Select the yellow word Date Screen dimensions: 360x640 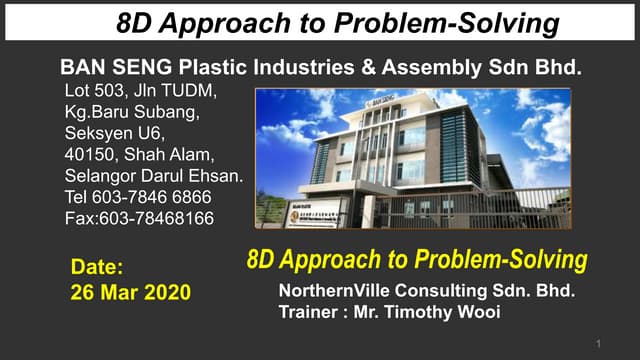(x=97, y=267)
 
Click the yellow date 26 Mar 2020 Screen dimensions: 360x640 (x=130, y=293)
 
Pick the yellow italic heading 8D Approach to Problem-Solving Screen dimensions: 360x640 (x=415, y=262)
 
